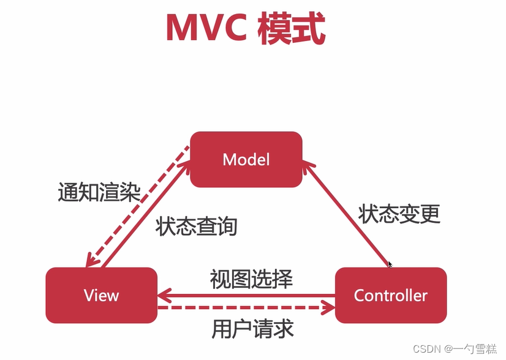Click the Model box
246,159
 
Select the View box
101,295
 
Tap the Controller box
391,295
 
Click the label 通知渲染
99,193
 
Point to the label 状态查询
196,227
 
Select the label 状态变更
399,214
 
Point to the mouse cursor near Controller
390,264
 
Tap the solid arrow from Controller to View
245,296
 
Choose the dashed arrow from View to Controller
245,308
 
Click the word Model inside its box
246,159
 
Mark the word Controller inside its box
391,295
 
